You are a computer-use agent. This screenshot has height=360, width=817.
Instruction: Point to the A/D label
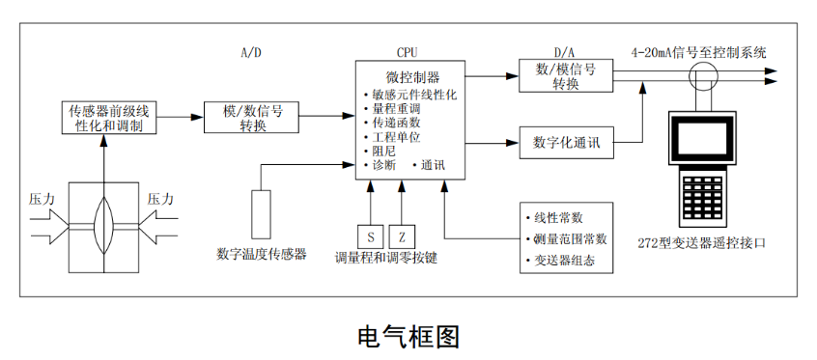pos(250,52)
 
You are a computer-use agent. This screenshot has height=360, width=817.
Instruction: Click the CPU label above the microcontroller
pos(408,52)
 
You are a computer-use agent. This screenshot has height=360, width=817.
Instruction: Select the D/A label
pos(565,52)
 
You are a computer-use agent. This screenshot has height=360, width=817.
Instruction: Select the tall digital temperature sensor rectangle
pos(261,213)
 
